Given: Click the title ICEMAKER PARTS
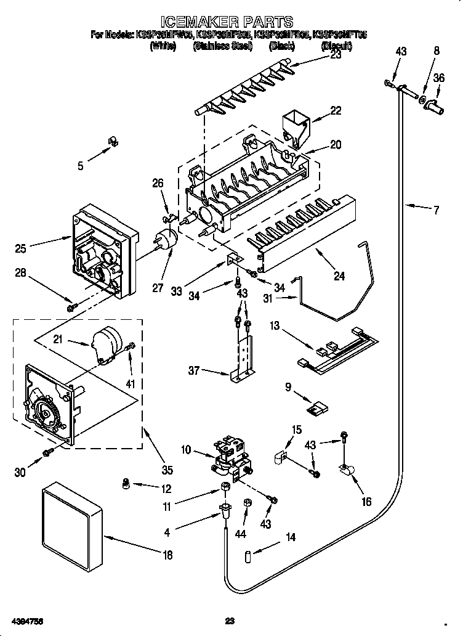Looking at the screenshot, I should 231,23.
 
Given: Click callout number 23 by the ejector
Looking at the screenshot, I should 336,54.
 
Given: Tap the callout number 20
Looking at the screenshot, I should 336,145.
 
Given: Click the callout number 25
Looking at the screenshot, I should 20,248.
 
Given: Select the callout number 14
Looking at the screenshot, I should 290,537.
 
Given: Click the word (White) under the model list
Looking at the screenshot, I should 163,46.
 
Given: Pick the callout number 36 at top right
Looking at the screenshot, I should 438,78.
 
